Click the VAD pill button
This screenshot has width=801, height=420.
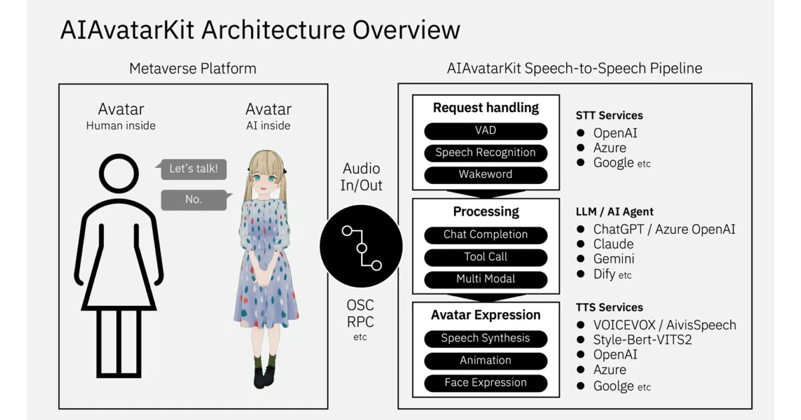point(486,131)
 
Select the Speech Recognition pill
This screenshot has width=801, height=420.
point(486,153)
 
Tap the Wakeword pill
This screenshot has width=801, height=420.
point(486,175)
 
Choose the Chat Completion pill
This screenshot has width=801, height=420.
point(486,235)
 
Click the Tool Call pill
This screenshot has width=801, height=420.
point(486,257)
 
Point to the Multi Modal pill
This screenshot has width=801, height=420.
point(486,279)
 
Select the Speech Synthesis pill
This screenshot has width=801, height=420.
point(486,339)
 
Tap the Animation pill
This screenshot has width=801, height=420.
point(486,361)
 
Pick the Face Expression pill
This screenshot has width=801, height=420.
point(486,383)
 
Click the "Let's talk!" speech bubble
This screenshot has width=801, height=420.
point(193,169)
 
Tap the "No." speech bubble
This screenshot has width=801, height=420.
point(195,199)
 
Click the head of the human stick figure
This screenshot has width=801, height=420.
point(119,174)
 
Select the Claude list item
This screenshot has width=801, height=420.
point(613,244)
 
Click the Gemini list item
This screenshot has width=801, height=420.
point(613,259)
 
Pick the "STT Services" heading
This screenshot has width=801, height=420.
point(609,115)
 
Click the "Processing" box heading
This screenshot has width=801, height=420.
point(486,211)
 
